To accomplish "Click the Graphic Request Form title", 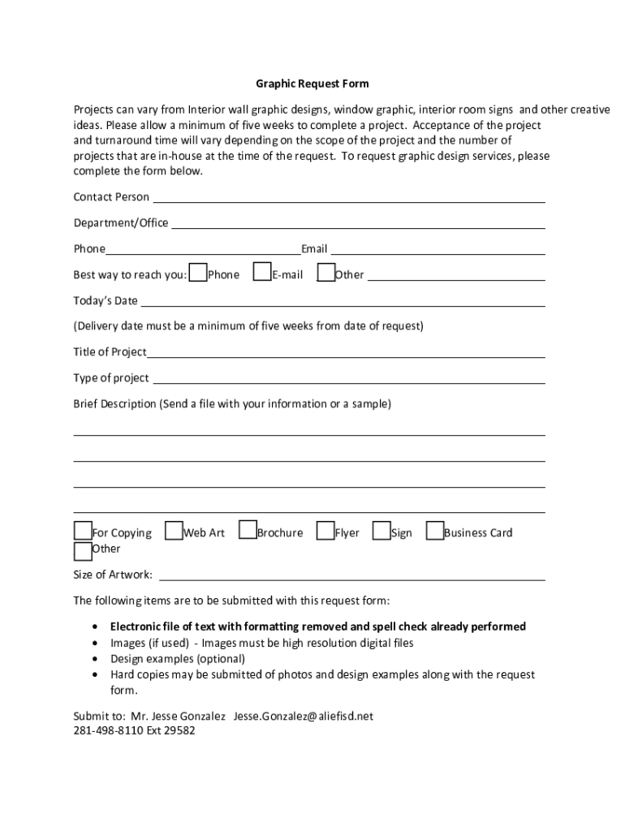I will (312, 84).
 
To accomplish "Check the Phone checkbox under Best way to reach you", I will (198, 273).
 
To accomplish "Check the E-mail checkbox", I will (262, 273).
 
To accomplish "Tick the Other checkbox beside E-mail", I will (325, 273).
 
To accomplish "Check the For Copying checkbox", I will (83, 532).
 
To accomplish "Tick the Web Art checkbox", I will (173, 532).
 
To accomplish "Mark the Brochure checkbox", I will (248, 532).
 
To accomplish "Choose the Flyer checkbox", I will (325, 532).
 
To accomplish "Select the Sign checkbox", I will (381, 532).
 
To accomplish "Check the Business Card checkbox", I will (435, 532).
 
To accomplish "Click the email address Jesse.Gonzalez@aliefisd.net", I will (303, 717).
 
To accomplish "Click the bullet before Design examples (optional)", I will (97, 659).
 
